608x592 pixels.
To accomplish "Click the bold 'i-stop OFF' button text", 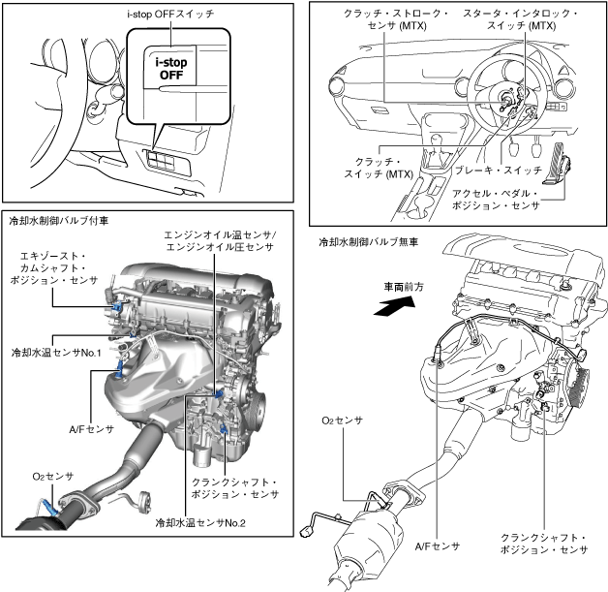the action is tap(171, 68).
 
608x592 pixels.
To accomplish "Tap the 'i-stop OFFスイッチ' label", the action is tap(170, 15).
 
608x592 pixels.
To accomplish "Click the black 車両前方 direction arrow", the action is tap(394, 306).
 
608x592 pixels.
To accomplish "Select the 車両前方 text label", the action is tap(404, 287).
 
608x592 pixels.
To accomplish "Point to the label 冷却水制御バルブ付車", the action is tap(58, 221).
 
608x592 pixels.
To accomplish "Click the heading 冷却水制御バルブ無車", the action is tap(368, 242).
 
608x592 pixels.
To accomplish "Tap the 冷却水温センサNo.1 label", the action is tap(56, 353).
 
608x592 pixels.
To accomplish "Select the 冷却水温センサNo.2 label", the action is tap(200, 523).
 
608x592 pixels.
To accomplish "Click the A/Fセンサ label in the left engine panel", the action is tap(92, 429).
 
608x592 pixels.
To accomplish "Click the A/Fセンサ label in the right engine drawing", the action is tap(437, 546).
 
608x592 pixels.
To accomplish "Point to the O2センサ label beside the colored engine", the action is tap(52, 477).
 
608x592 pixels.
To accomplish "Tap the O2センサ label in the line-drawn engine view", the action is tap(342, 421).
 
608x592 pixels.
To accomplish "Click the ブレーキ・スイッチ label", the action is tap(498, 170).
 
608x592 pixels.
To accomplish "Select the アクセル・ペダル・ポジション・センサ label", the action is tap(496, 200).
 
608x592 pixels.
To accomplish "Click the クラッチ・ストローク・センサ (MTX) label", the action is tap(397, 19).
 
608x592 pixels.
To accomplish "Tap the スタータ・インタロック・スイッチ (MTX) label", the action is tap(521, 19).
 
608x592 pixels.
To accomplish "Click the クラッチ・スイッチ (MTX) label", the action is tap(379, 168).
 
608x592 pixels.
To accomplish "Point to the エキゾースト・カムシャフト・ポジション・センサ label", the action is tap(53, 268).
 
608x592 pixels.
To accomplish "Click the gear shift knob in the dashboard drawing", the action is tap(438, 139).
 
